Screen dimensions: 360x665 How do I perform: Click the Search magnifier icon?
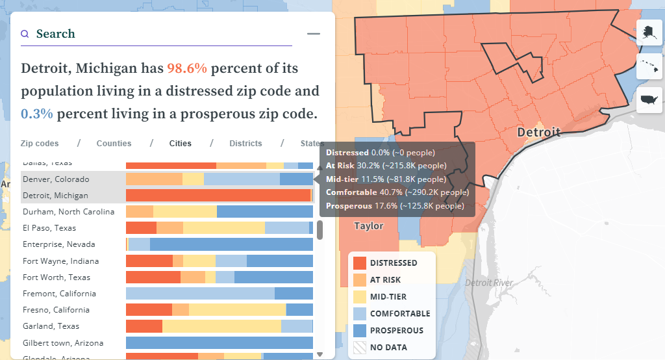pos(25,34)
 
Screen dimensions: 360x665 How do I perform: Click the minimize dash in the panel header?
pos(314,34)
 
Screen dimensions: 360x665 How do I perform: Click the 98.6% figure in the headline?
pos(187,68)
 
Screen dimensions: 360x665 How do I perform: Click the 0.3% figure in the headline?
pos(37,114)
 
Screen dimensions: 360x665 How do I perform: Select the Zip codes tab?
pos(40,144)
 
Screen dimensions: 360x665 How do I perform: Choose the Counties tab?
pos(114,144)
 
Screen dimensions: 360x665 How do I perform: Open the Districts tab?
pos(245,144)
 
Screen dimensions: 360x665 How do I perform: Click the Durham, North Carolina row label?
pos(68,212)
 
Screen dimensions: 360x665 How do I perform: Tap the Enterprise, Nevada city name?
pos(59,244)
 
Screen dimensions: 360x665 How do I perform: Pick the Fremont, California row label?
pos(59,294)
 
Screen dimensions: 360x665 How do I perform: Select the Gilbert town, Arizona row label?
pos(63,343)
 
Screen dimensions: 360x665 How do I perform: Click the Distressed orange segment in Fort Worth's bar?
pos(153,277)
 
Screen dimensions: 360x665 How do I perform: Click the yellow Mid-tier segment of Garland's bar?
pos(221,326)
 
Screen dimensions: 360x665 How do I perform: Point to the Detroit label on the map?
pos(538,133)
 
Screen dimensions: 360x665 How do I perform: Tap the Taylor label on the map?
pos(368,226)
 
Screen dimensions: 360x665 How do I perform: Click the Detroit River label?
pos(488,283)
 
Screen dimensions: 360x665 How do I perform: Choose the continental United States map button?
pos(649,99)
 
